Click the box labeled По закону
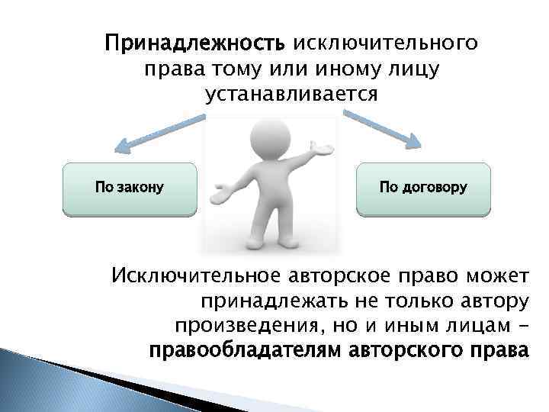pyautogui.click(x=129, y=188)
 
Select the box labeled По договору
pyautogui.click(x=423, y=188)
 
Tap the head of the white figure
pyautogui.click(x=263, y=137)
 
